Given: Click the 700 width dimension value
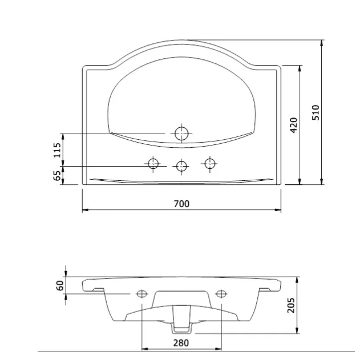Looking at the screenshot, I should click(181, 204).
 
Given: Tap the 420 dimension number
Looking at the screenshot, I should click(293, 124).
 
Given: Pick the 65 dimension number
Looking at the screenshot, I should click(57, 175).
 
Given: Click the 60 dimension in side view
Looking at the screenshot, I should click(60, 285).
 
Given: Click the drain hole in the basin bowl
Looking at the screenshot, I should click(181, 134).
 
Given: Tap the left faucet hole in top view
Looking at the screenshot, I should click(153, 164).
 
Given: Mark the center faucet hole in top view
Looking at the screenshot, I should click(181, 167).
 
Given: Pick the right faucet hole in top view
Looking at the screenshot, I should click(209, 164).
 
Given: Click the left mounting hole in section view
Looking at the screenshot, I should click(141, 294).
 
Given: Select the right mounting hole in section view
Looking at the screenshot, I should click(220, 294).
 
